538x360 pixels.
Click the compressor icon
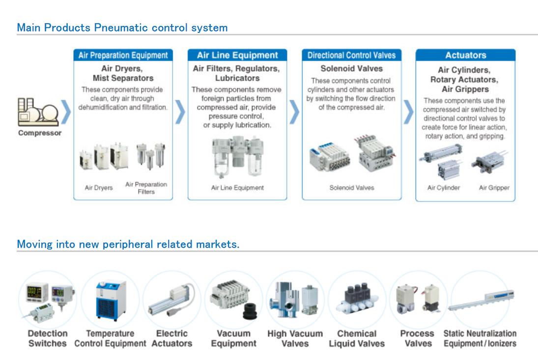(39, 112)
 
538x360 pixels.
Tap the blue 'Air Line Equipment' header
(237, 55)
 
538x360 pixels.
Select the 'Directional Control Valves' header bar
(351, 55)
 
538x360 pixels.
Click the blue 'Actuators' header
(465, 55)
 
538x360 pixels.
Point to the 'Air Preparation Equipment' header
(123, 55)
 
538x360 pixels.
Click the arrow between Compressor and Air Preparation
(66, 112)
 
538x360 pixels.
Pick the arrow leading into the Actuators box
(408, 112)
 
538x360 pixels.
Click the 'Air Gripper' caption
(494, 188)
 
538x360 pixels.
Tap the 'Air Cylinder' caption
(444, 188)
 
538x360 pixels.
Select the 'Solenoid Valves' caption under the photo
(351, 188)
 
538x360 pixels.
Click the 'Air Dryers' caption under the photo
(99, 188)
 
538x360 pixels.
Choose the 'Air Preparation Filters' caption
(146, 188)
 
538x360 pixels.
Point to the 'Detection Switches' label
(47, 338)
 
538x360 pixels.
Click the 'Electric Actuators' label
(171, 338)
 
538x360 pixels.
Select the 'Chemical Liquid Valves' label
(357, 338)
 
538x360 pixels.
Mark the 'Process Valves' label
(418, 338)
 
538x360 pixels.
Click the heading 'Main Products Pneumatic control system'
(122, 28)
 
